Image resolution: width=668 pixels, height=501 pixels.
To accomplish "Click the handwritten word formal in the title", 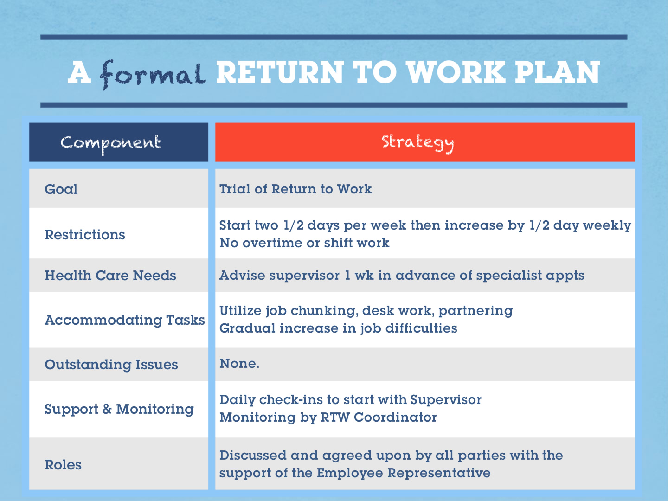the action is [153, 75].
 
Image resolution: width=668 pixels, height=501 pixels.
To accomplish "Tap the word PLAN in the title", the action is [557, 72].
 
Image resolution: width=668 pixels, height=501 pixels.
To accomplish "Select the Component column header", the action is [118, 142].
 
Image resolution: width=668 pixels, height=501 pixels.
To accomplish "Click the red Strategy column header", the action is [425, 142].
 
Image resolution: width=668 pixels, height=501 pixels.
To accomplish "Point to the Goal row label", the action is [61, 189].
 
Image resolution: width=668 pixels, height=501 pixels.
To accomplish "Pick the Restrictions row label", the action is [85, 235].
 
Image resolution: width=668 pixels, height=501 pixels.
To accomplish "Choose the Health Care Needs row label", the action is [110, 276].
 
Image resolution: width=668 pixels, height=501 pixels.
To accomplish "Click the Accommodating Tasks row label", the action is [125, 320].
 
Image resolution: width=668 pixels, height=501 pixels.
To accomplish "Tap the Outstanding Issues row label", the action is [111, 365].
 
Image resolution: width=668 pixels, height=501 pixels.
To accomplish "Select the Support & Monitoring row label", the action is [119, 409].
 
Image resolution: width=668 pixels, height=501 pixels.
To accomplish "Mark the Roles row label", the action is [63, 465].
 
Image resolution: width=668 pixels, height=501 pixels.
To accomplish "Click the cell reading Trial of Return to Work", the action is [295, 189].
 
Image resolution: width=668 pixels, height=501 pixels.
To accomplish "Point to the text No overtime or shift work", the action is [304, 243].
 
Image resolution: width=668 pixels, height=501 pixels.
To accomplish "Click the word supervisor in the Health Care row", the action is [304, 276].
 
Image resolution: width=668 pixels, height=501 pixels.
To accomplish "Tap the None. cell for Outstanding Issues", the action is [239, 364].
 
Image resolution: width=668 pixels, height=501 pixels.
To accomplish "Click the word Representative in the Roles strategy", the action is [439, 473].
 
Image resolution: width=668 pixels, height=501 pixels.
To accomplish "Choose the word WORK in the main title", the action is [456, 72].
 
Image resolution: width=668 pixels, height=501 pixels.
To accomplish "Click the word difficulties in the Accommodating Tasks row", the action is [422, 328].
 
